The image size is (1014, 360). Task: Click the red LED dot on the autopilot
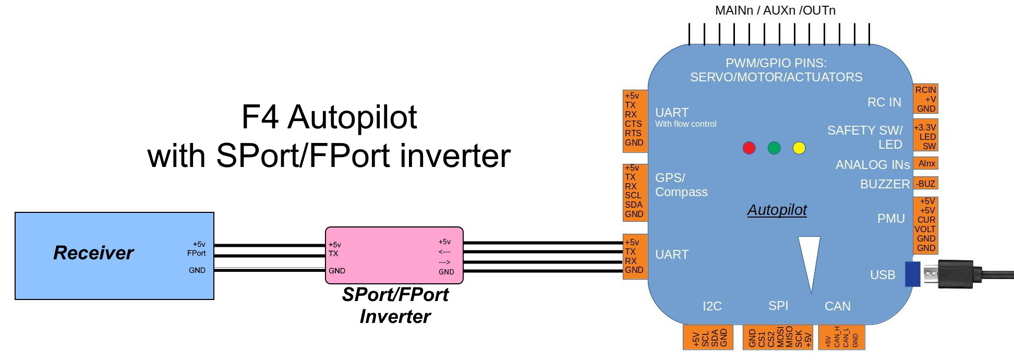coord(749,148)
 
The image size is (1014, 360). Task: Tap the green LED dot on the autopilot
coord(774,148)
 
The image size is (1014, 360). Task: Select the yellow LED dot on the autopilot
coord(799,148)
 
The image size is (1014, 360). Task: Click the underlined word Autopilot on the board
coord(777,210)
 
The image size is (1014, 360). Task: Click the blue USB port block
coord(912,274)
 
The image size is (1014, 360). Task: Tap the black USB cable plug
coord(956,274)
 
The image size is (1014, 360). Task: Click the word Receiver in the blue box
coord(93,253)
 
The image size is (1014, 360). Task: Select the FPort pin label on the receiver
coord(196,253)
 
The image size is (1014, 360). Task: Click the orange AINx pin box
coord(926,164)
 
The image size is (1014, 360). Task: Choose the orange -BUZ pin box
coord(926,184)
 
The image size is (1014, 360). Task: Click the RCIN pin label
coord(926,90)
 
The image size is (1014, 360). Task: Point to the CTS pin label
coord(633,124)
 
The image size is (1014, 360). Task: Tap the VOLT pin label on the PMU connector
coord(925,229)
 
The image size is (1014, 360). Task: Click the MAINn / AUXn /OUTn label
coord(775,10)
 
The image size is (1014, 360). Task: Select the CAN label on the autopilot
coord(837,306)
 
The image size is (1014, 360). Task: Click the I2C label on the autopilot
coord(712,306)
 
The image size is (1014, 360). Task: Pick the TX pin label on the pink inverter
coord(333,254)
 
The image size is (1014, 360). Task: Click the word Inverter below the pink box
coord(395,317)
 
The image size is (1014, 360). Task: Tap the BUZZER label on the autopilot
coord(885,184)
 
